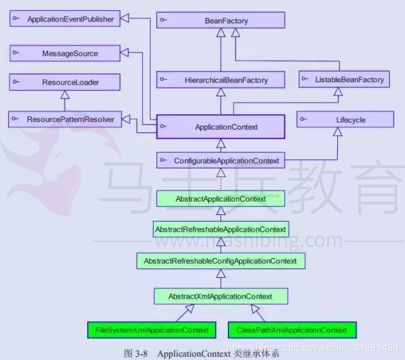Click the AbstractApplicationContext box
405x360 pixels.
pyautogui.click(x=220, y=199)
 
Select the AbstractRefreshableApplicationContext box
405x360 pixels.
pyautogui.click(x=220, y=229)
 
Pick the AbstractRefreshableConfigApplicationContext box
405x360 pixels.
pyautogui.click(x=220, y=261)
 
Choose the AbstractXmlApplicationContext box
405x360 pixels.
pyautogui.click(x=220, y=296)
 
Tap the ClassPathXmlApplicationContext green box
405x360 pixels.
pyautogui.click(x=291, y=330)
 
